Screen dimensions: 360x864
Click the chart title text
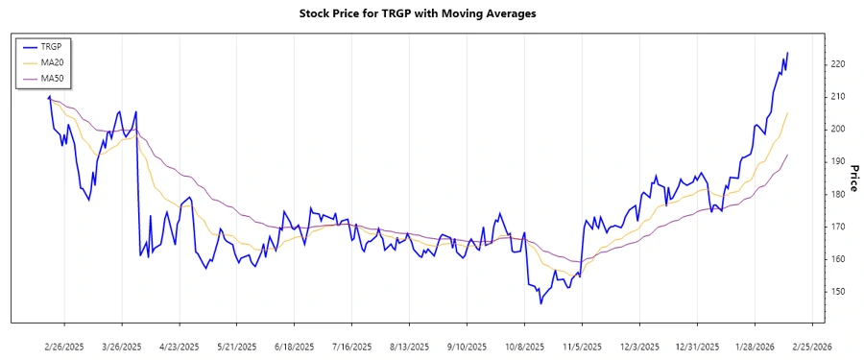coord(432,13)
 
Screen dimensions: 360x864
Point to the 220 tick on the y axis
coord(838,64)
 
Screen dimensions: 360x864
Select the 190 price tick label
coord(838,161)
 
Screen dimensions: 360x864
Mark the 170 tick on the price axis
coord(838,227)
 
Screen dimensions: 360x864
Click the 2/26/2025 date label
coord(64,346)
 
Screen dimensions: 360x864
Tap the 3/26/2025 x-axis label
coord(122,346)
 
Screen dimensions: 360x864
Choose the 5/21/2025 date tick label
coord(237,346)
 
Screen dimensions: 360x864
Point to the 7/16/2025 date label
coord(352,346)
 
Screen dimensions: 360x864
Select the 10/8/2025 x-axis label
coord(524,346)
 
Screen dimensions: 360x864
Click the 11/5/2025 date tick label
coord(582,346)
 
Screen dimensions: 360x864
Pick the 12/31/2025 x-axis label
coord(697,346)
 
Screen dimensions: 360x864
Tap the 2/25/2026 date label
coord(812,346)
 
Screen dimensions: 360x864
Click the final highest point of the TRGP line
coord(788,53)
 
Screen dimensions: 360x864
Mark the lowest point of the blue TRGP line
coord(540,303)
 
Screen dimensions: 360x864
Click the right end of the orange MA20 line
coord(788,113)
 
